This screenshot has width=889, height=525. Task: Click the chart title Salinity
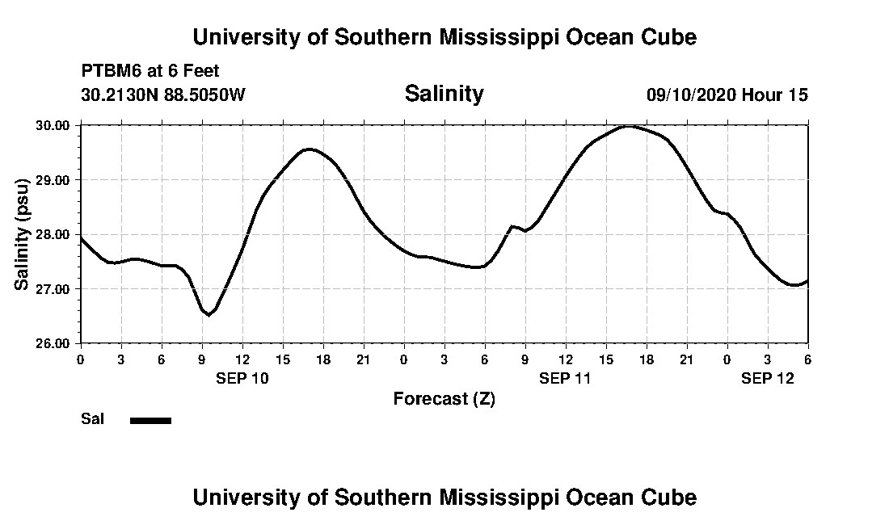tap(444, 94)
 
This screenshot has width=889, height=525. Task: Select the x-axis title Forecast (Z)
tap(444, 398)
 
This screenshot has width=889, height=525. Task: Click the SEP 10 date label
tap(242, 378)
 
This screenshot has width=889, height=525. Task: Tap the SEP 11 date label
tap(566, 378)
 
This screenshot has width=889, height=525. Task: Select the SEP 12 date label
tap(768, 378)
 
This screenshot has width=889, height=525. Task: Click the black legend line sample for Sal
tap(150, 420)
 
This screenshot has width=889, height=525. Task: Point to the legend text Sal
tap(92, 419)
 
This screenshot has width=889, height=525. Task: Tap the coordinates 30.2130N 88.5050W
tap(162, 94)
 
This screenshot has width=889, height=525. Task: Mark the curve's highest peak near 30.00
tap(627, 126)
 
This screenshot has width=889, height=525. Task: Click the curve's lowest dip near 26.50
tap(209, 315)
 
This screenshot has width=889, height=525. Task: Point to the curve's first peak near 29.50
tap(309, 149)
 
